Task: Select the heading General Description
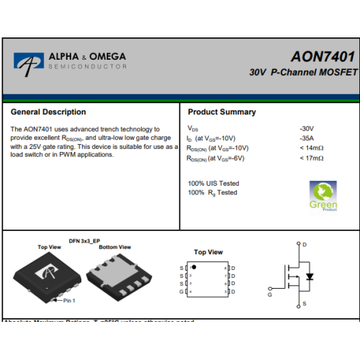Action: pos(48,112)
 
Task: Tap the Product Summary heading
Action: pos(222,112)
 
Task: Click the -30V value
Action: pos(307,129)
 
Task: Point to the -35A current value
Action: pos(307,138)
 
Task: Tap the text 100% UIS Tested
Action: pos(213,184)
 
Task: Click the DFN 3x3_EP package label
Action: pos(84,240)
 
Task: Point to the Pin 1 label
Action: pos(69,300)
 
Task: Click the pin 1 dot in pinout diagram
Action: pos(194,267)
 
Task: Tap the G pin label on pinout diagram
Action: pos(181,292)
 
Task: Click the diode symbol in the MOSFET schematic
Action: pos(310,276)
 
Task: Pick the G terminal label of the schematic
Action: pos(270,294)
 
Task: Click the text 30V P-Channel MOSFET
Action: pos(303,73)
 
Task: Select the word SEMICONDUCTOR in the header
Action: pos(87,66)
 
